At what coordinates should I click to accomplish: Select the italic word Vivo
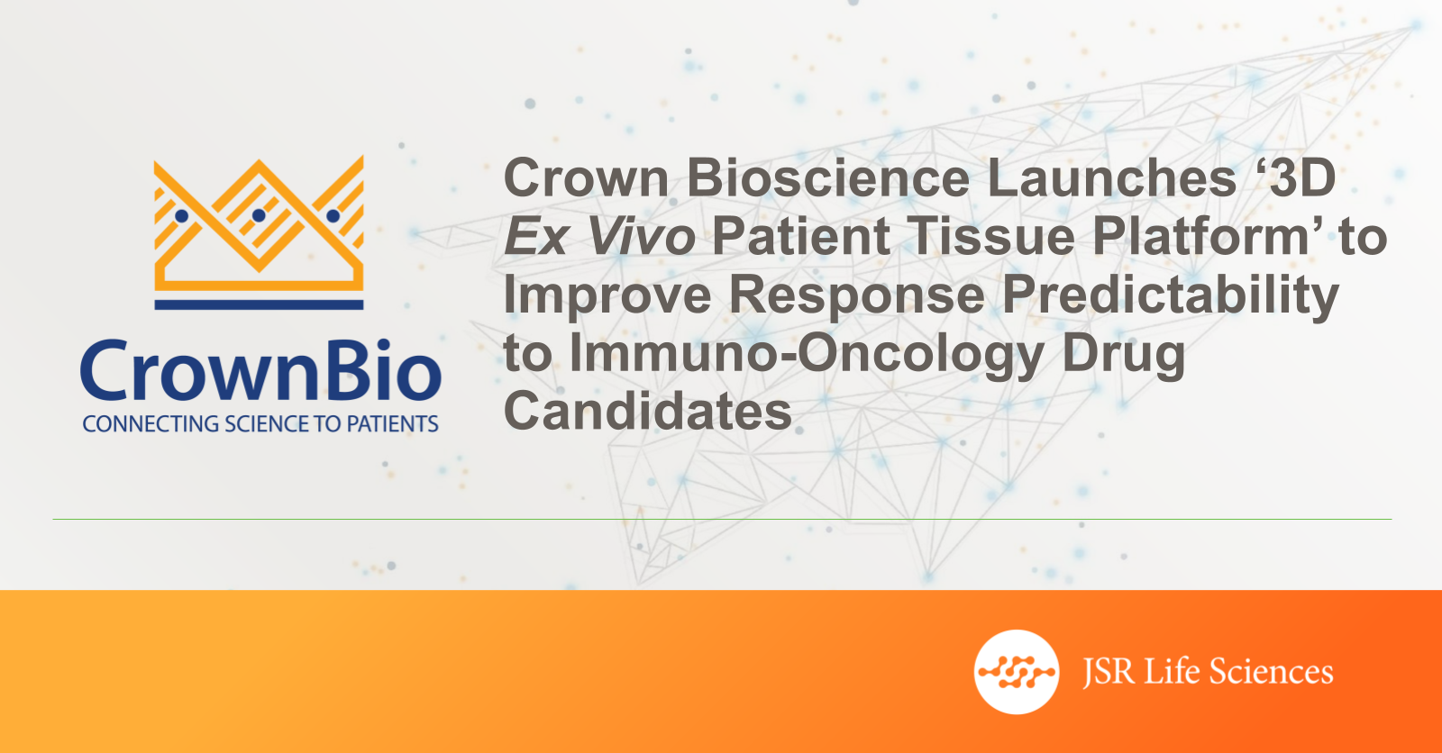pos(641,236)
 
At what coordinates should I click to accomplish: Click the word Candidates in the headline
pos(647,411)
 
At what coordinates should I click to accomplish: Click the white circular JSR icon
pos(1017,672)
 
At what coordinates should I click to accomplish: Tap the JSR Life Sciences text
pos(1208,672)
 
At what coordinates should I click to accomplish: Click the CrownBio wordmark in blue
pos(260,370)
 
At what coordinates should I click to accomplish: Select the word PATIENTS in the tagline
pos(393,424)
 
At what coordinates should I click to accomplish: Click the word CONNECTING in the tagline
pos(151,424)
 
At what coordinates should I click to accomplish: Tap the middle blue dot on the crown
pos(259,215)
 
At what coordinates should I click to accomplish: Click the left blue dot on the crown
pos(181,215)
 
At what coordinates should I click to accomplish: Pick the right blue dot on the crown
pos(333,215)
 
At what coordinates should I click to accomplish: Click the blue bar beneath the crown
pos(259,304)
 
